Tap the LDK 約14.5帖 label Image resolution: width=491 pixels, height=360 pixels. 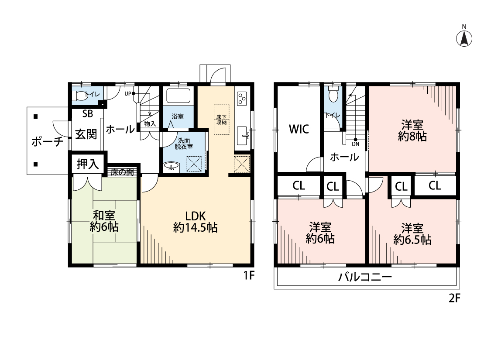click(x=196, y=222)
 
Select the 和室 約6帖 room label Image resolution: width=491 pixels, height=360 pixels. click(x=104, y=221)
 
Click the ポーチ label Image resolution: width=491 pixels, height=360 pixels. click(x=48, y=142)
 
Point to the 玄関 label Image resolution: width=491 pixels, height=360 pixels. click(x=86, y=134)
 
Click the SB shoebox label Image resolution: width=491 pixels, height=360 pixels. click(x=88, y=113)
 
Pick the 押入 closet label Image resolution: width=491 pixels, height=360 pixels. click(x=88, y=164)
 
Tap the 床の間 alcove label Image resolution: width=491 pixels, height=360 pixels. click(x=122, y=172)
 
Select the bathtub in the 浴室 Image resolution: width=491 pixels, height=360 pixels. click(x=178, y=96)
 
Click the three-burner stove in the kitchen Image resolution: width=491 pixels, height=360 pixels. click(x=242, y=98)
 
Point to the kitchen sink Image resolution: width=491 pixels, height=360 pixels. click(x=243, y=136)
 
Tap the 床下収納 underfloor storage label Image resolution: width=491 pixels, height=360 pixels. click(x=221, y=120)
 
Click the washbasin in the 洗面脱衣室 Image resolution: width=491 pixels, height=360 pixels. click(x=171, y=166)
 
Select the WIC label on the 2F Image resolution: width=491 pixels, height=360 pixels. click(x=299, y=129)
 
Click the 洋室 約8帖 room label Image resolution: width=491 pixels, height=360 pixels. click(x=412, y=130)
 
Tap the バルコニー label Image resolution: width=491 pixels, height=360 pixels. click(x=365, y=277)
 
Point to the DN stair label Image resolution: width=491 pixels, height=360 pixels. click(x=356, y=144)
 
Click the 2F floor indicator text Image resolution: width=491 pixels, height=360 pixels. click(x=454, y=298)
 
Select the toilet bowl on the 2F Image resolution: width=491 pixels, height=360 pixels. click(x=333, y=95)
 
